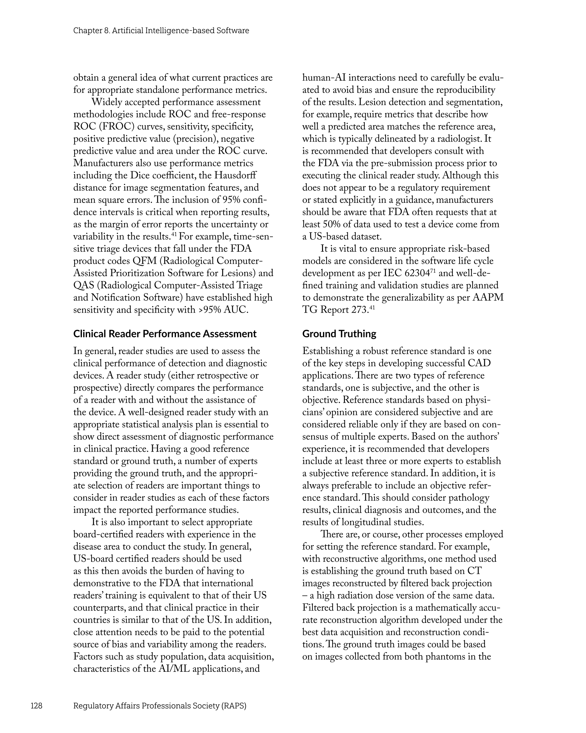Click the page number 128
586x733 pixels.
(36, 706)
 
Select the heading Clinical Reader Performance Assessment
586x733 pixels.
(165, 334)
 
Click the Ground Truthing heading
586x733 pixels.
(339, 334)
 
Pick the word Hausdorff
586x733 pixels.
(235, 175)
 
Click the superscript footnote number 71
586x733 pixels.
(433, 270)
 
